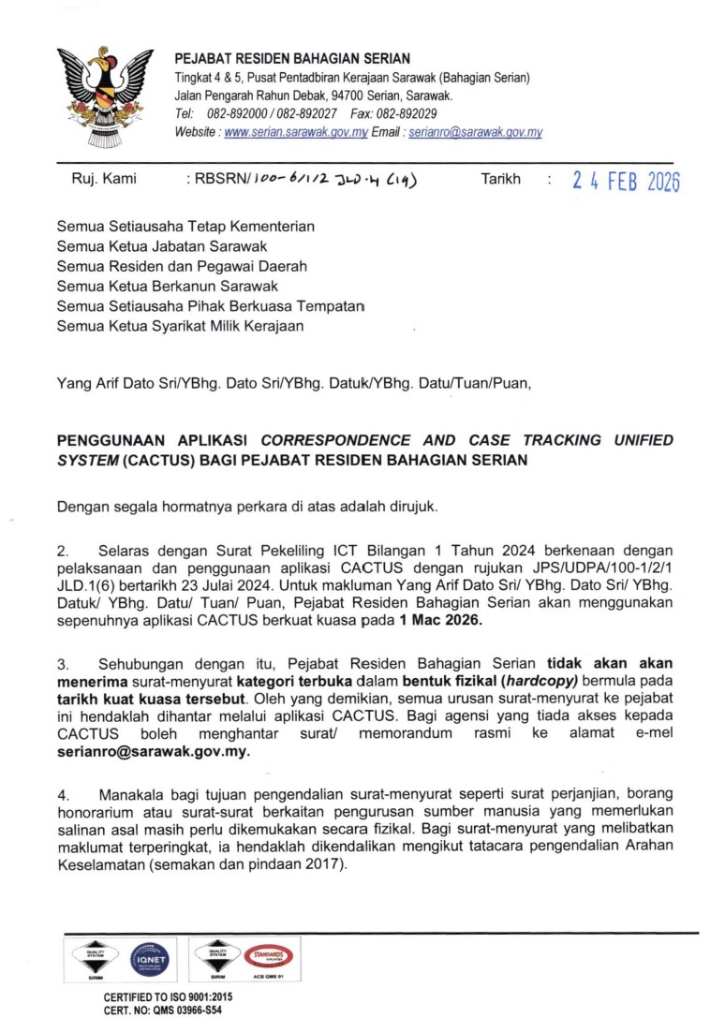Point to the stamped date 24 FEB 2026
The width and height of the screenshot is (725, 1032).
pos(626,182)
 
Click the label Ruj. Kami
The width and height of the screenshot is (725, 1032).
pos(104,179)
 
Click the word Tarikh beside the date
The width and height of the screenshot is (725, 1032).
pos(500,179)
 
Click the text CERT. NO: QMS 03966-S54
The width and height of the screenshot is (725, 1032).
pos(163,1010)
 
